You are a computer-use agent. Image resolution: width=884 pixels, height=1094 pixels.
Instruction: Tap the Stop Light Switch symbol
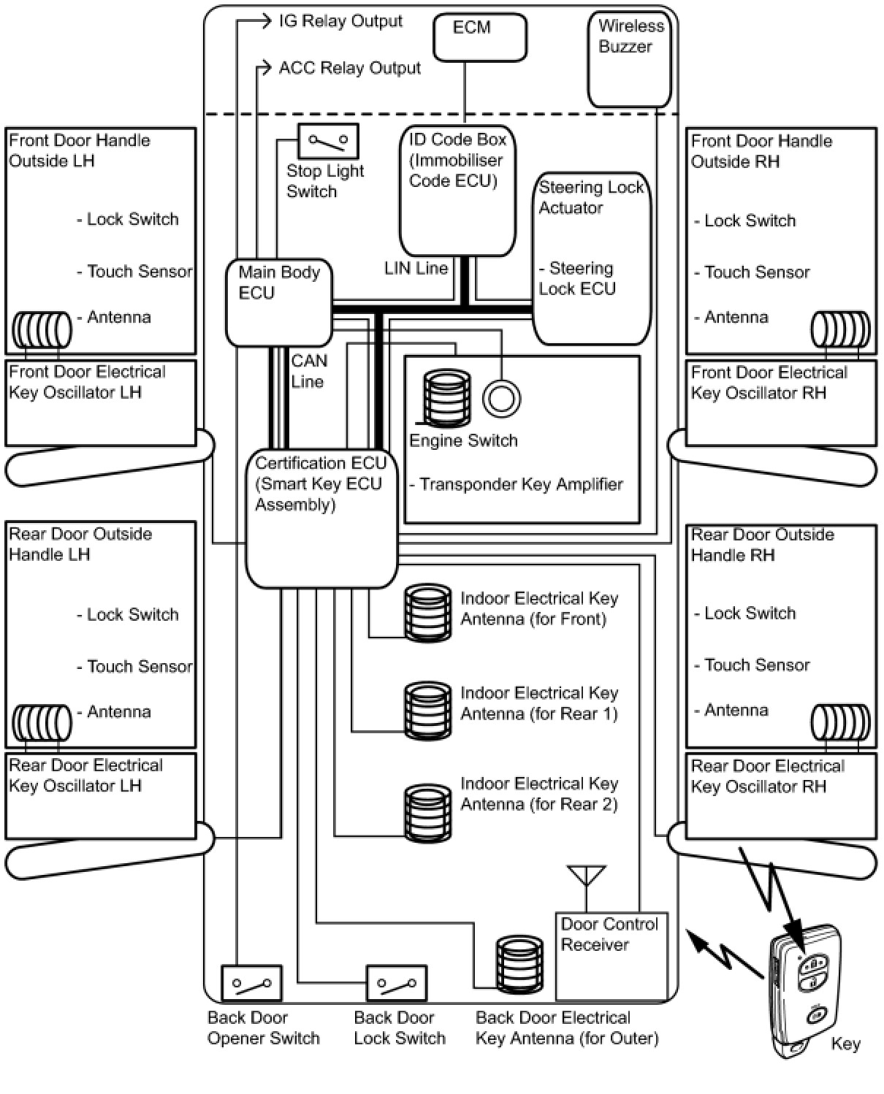[x=328, y=141]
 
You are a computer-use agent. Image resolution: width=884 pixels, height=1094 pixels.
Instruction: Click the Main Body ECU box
[x=278, y=302]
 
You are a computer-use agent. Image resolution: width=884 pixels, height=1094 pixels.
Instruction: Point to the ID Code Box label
[x=457, y=160]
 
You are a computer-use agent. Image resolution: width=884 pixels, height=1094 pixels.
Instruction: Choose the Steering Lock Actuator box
[x=591, y=258]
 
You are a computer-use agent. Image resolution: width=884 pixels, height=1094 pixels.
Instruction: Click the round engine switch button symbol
[x=502, y=399]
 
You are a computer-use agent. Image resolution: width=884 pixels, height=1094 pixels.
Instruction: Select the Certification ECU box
[x=321, y=519]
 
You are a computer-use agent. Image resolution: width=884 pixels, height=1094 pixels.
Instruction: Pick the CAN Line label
[x=309, y=371]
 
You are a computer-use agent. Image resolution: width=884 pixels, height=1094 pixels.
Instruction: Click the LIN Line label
[x=416, y=268]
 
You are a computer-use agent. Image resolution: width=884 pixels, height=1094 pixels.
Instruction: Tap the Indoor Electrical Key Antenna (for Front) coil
[x=428, y=612]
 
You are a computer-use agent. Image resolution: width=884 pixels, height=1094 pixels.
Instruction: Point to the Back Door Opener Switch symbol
[x=251, y=983]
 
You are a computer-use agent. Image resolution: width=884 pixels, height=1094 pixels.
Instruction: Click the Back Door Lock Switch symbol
[x=396, y=983]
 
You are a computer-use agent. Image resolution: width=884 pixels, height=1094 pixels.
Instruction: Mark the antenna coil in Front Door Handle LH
[x=42, y=330]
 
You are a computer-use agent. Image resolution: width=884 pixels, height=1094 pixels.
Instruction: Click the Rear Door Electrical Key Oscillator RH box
[x=780, y=796]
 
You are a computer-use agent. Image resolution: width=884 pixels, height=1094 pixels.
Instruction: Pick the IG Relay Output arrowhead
[x=266, y=21]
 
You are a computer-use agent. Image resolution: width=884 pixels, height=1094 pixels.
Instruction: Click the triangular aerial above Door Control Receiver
[x=586, y=875]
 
